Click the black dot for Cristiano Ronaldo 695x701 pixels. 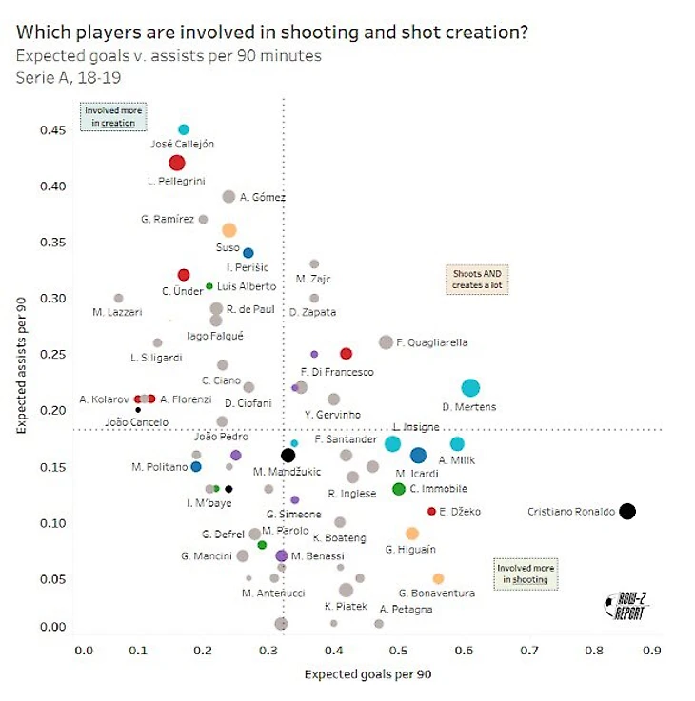point(626,511)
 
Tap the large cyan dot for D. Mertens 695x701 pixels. point(470,387)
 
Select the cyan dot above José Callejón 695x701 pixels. point(184,129)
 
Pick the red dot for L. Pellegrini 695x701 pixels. point(176,163)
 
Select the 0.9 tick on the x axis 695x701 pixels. point(651,652)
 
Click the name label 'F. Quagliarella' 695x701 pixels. point(432,341)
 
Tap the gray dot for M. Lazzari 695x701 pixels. point(118,298)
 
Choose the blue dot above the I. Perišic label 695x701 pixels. point(248,253)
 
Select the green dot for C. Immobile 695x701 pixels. point(399,489)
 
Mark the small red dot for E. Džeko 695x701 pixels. point(431,511)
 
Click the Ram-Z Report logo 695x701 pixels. point(625,607)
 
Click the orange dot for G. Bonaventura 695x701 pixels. point(438,578)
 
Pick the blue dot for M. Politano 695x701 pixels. point(196,467)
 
